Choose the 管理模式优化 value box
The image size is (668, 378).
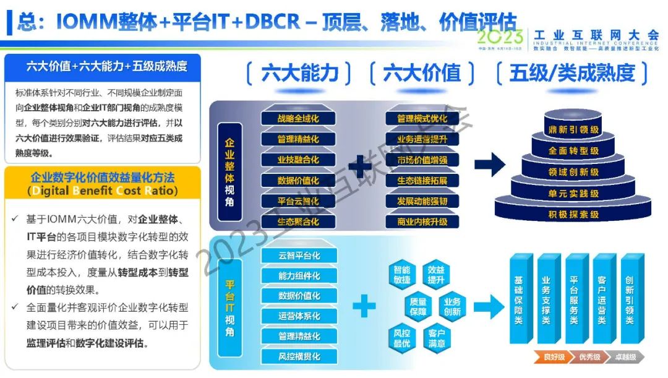(422, 119)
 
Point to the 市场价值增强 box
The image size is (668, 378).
(422, 160)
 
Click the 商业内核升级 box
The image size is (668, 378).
(422, 221)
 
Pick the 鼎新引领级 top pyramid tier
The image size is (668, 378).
(573, 130)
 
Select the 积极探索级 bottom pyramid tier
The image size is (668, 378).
(573, 215)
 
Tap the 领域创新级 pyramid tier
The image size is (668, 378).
(573, 172)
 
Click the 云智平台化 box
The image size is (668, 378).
(299, 256)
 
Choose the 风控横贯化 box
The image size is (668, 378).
(299, 357)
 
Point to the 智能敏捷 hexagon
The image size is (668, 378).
(402, 275)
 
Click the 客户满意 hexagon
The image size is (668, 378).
(437, 338)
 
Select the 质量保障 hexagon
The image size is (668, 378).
(419, 306)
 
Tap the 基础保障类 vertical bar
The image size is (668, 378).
(518, 300)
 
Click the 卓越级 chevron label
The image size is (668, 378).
(625, 358)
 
